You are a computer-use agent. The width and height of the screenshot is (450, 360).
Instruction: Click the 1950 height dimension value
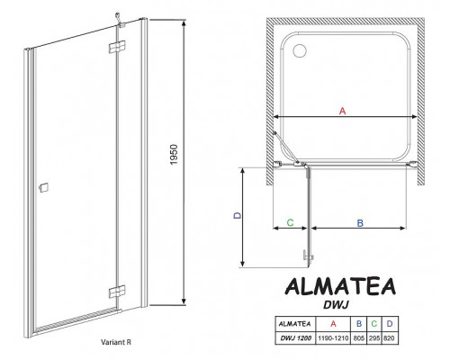point(194,167)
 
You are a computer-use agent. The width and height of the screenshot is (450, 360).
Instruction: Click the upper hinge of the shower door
point(116,48)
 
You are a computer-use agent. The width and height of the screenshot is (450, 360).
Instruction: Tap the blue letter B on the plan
point(359,220)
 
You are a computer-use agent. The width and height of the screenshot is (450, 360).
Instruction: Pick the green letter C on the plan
point(290,220)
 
